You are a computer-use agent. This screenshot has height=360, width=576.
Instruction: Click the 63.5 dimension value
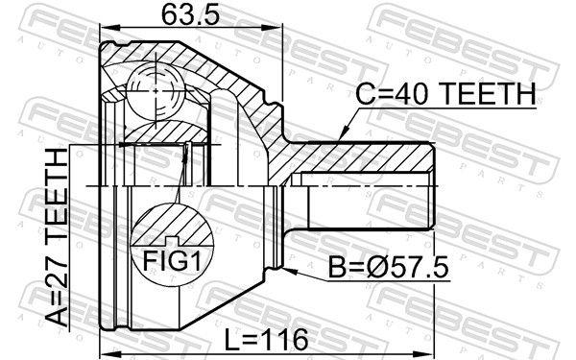pyautogui.click(x=190, y=15)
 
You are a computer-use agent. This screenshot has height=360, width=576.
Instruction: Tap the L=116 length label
pyautogui.click(x=267, y=339)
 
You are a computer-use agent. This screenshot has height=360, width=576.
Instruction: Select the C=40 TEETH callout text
pyautogui.click(x=445, y=94)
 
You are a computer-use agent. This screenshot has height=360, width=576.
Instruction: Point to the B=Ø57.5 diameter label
pyautogui.click(x=388, y=268)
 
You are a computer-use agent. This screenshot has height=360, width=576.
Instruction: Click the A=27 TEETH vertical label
pyautogui.click(x=57, y=237)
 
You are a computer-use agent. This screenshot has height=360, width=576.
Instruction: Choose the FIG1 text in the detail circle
pyautogui.click(x=172, y=260)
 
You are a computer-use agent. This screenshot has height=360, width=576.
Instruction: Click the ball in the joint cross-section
pyautogui.click(x=156, y=91)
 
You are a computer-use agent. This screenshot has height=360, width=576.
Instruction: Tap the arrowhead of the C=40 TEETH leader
pyautogui.click(x=343, y=133)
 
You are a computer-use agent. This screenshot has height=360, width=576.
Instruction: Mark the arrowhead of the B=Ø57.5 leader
pyautogui.click(x=290, y=271)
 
